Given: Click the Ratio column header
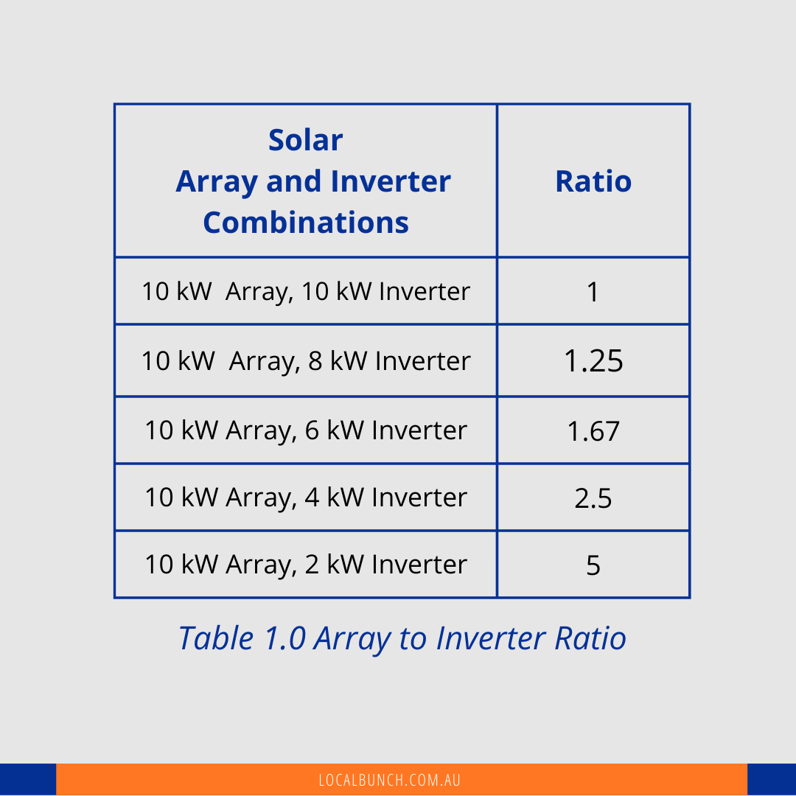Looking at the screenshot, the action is [593, 181].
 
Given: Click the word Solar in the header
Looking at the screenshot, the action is [306, 139].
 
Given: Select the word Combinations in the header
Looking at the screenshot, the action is [306, 223].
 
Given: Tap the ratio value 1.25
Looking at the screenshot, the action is [593, 361].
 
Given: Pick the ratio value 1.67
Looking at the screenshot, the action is [593, 431].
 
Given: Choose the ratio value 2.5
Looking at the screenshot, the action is [593, 498].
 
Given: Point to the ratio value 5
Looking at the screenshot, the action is [593, 565].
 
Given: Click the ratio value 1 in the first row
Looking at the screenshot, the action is [593, 292].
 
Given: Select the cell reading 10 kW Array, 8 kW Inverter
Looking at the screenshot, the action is [306, 361].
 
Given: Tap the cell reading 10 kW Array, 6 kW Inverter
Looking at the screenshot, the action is [306, 430].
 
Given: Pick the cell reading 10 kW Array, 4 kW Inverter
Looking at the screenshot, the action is [306, 497].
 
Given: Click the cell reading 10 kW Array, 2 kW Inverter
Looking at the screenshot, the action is [306, 565].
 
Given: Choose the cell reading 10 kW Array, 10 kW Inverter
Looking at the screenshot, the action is [306, 291].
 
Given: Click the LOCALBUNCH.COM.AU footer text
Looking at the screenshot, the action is [389, 780].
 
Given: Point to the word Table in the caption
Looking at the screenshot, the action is [216, 638].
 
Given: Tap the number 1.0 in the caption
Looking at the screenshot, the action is [285, 638].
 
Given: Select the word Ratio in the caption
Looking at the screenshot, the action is [590, 638].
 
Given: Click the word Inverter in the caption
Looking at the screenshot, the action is [490, 638].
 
